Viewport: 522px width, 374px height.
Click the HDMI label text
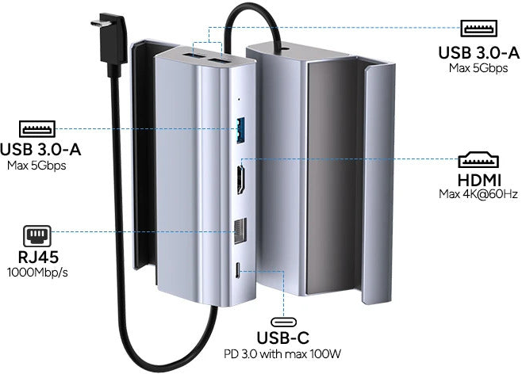click(478, 178)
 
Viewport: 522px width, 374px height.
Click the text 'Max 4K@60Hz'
click(478, 193)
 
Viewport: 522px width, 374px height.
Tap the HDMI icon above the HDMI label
click(478, 158)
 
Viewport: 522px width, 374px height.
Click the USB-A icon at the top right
click(478, 30)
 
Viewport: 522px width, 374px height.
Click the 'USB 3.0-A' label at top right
click(478, 53)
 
